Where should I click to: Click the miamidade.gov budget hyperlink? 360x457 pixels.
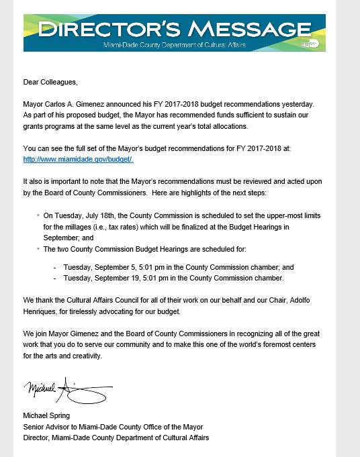click(79, 158)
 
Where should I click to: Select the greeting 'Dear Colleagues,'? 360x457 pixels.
click(50, 82)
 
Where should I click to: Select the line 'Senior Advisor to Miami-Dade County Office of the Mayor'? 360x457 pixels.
click(113, 427)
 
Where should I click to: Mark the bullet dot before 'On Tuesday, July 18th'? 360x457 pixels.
click(38, 217)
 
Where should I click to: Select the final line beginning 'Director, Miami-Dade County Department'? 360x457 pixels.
click(116, 438)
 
